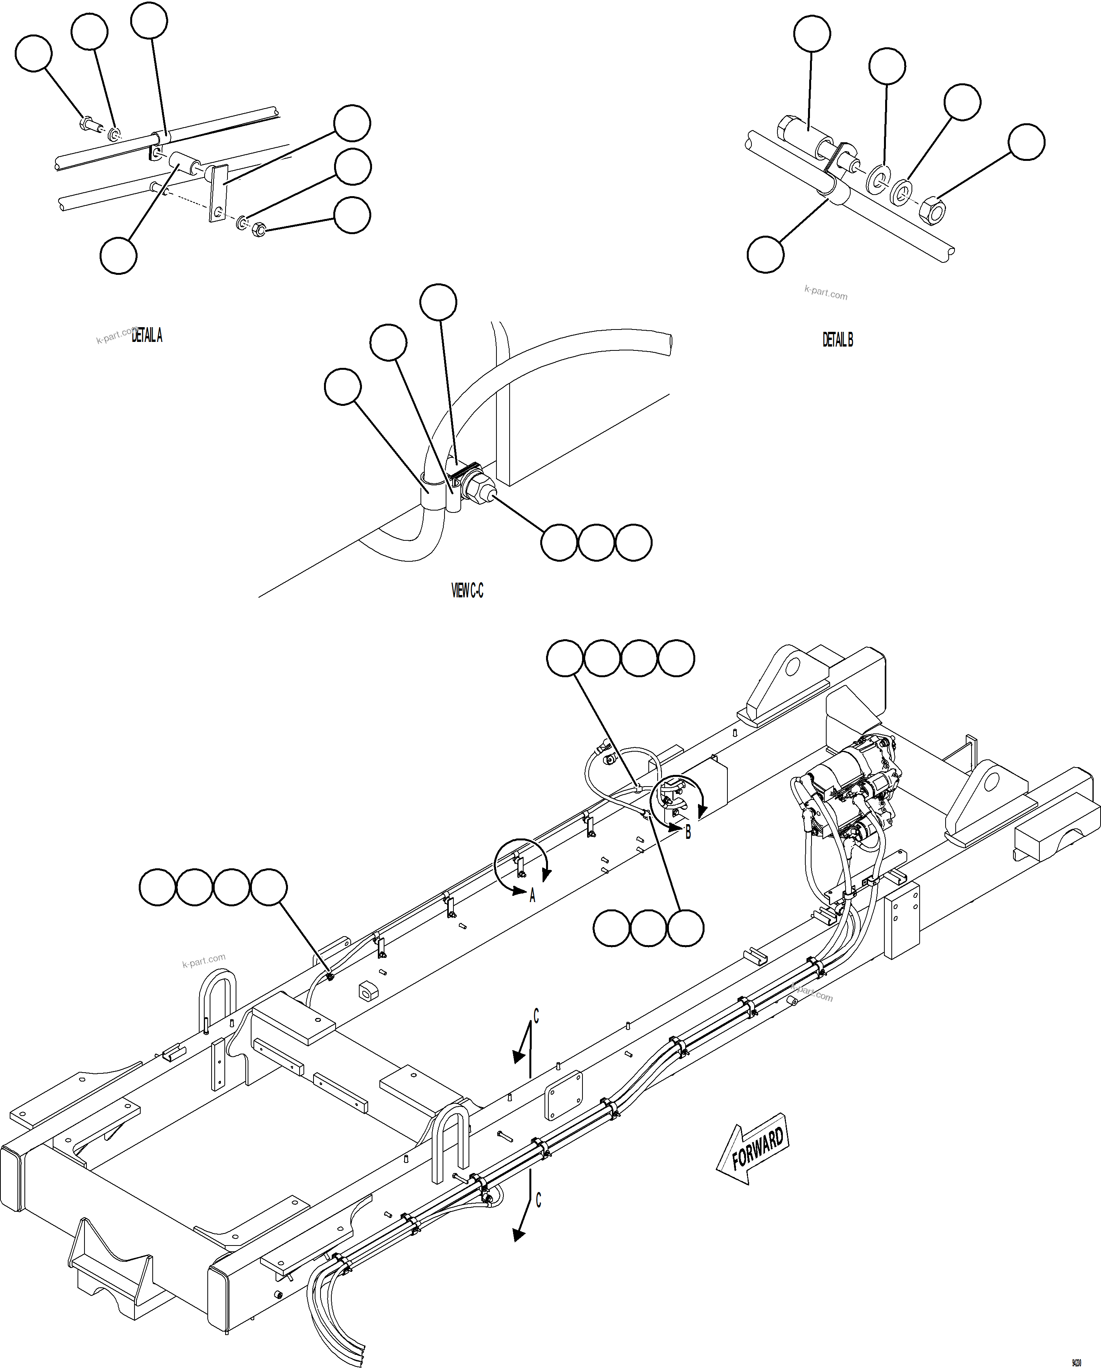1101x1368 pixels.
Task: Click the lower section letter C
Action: (538, 1200)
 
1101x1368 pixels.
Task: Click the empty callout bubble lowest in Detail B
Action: (765, 254)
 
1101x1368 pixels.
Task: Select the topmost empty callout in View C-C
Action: (438, 302)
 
